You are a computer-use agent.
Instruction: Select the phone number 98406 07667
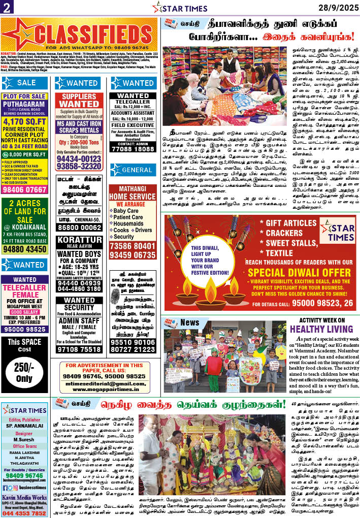point(24,189)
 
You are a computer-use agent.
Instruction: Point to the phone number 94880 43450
point(24,249)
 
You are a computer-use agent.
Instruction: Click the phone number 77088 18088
point(133,149)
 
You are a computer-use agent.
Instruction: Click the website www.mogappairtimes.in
point(105,391)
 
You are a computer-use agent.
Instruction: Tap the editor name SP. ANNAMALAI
point(24,427)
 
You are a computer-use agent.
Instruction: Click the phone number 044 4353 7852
point(24,513)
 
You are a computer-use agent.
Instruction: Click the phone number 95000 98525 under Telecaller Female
point(24,329)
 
